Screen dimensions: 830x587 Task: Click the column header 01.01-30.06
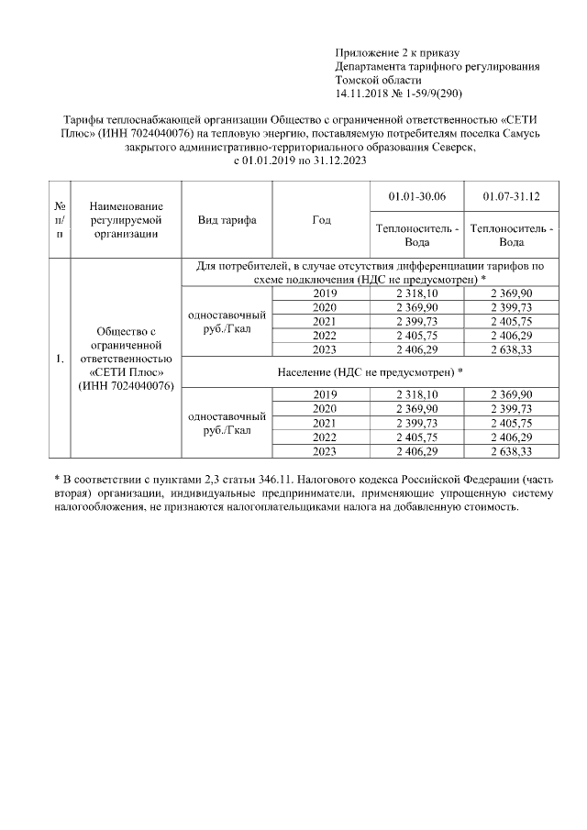(416, 197)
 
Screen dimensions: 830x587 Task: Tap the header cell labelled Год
(321, 221)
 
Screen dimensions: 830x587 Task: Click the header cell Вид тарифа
(227, 221)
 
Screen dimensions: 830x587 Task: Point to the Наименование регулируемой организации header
(127, 221)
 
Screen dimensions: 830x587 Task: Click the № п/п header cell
(60, 221)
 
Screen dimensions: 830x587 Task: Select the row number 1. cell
(60, 358)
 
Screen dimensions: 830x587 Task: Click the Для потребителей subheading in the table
(370, 271)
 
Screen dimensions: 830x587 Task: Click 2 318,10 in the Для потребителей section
(416, 292)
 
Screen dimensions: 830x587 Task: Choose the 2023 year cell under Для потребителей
(326, 349)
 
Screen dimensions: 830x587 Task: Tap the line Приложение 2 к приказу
(396, 53)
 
